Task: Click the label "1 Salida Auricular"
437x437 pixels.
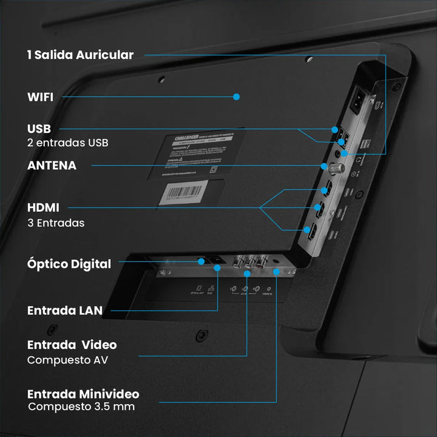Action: coord(80,55)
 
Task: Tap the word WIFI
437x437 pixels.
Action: coord(40,97)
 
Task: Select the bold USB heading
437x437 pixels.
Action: coord(39,129)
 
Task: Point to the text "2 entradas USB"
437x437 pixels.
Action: coord(68,143)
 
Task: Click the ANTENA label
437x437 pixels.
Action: coord(52,165)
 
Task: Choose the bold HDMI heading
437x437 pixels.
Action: coord(43,208)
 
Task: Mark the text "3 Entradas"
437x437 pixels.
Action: coord(56,223)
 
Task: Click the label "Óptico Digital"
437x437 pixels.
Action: coord(69,264)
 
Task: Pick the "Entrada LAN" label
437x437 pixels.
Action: coord(64,310)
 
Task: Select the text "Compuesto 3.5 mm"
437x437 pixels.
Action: coord(81,407)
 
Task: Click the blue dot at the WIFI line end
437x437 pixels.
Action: coord(237,97)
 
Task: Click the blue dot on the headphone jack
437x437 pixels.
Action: coord(344,154)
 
